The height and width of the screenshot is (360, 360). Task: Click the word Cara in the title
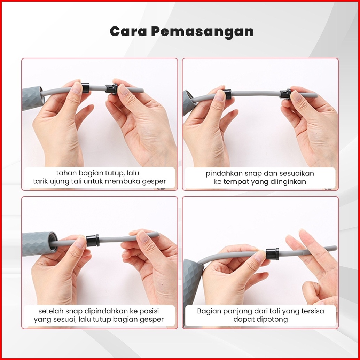(128, 31)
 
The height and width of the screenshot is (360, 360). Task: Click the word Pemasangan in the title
(202, 32)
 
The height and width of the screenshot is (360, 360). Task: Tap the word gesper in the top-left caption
(154, 182)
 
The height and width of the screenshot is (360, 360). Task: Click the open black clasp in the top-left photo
(111, 89)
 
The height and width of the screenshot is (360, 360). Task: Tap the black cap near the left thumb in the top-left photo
(85, 88)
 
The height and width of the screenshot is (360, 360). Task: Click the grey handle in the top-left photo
(32, 98)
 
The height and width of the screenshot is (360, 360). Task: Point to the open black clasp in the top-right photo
(285, 94)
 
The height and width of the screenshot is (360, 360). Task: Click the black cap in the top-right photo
(228, 94)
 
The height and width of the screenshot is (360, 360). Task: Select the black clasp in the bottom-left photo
(93, 240)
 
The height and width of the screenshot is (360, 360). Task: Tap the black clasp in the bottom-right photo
(272, 254)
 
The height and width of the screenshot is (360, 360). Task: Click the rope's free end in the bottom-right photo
(335, 248)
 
